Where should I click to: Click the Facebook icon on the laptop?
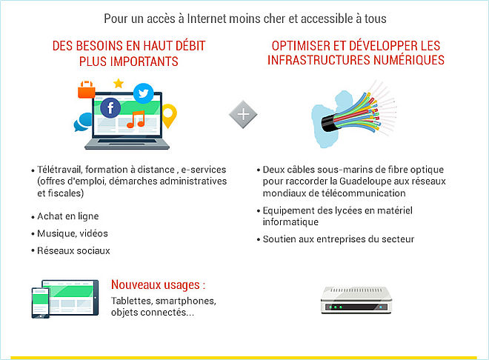pyautogui.click(x=110, y=108)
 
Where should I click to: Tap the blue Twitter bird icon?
pyautogui.click(x=144, y=93)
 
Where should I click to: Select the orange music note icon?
pyautogui.click(x=136, y=119)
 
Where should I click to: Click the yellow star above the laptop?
pyautogui.click(x=119, y=83)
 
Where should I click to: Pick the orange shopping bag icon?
pyautogui.click(x=87, y=90)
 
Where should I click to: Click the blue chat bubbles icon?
pyautogui.click(x=83, y=122)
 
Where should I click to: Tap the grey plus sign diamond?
pyautogui.click(x=243, y=114)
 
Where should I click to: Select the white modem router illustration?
pyautogui.click(x=356, y=300)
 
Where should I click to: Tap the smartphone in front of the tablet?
pyautogui.click(x=41, y=303)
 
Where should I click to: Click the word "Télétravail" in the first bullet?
pyautogui.click(x=60, y=170)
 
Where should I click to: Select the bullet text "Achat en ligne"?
pyautogui.click(x=68, y=216)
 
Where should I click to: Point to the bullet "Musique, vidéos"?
pyautogui.click(x=73, y=233)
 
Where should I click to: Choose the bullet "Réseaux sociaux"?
pyautogui.click(x=73, y=250)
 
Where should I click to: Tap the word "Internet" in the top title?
pyautogui.click(x=207, y=19)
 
